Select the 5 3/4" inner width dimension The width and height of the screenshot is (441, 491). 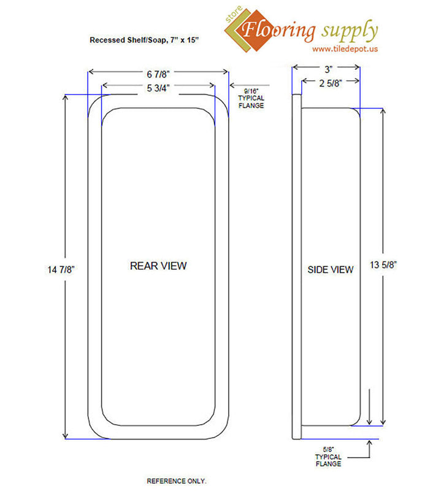[158, 88]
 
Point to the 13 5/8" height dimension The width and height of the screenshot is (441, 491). [385, 265]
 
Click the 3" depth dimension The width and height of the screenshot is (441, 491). [325, 69]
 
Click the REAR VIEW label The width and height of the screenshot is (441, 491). [158, 266]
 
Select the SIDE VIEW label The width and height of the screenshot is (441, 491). [330, 269]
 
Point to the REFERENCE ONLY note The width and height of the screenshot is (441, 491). [177, 479]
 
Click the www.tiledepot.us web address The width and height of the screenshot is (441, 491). [345, 48]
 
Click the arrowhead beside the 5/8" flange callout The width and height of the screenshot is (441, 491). [369, 442]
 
